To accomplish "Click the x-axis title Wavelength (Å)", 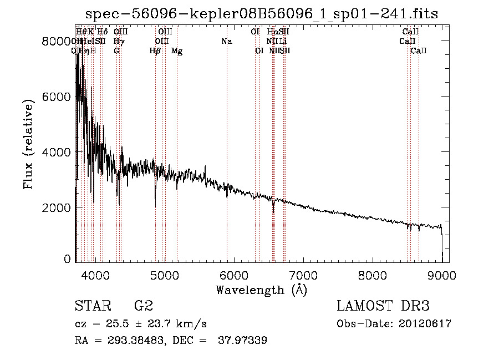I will coord(262,290).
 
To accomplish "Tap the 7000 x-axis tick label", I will coord(303,274).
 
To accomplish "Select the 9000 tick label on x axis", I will coord(442,274).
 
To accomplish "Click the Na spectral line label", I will coord(226,42).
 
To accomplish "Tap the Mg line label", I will coord(177,51).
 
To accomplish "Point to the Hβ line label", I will coord(155,51).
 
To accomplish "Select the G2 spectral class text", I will coord(143,307).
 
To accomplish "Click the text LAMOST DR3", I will coord(383,307).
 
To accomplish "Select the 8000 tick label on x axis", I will coord(373,274).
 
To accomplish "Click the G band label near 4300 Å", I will coord(116,51).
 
